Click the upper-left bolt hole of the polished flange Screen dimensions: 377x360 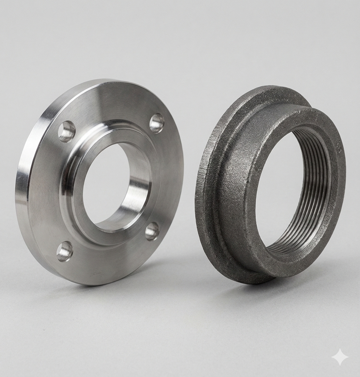(x=67, y=131)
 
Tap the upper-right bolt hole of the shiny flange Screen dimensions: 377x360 (x=156, y=123)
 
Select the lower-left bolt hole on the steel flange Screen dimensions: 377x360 (x=65, y=251)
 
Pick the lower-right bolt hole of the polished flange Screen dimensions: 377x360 (x=152, y=231)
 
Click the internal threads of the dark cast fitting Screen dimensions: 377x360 (x=314, y=200)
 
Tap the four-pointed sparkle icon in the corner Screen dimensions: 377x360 (x=340, y=357)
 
